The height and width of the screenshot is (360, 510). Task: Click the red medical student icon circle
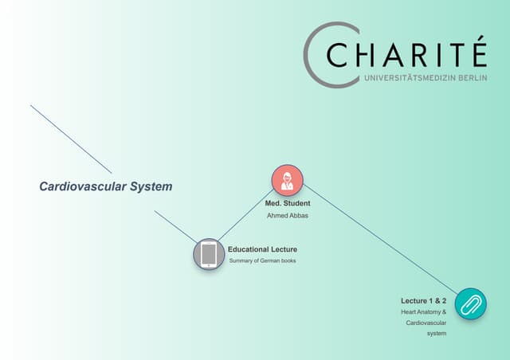(288, 181)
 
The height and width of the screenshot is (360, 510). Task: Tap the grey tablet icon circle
(209, 254)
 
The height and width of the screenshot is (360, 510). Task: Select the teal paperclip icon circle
(471, 303)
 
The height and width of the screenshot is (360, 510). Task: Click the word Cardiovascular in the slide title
(83, 186)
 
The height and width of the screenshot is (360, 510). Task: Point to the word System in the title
(151, 186)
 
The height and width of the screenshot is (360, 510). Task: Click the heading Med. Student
(288, 203)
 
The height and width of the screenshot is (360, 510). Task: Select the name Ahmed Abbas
(288, 215)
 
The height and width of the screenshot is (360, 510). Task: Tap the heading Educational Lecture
(262, 249)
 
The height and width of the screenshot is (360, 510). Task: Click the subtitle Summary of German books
(262, 260)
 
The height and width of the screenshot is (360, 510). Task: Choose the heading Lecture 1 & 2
(423, 301)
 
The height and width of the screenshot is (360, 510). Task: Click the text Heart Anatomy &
(423, 312)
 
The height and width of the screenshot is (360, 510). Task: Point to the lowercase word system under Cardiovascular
(437, 334)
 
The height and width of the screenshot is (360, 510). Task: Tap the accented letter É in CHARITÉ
(480, 51)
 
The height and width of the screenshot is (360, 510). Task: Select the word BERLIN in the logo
(473, 78)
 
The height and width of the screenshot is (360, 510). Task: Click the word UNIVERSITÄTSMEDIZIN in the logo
(410, 78)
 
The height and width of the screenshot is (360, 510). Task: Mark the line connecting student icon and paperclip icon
(381, 240)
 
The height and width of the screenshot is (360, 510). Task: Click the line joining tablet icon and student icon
(245, 215)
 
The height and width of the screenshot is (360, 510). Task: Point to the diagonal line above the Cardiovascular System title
(71, 139)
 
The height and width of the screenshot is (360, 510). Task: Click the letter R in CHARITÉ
(422, 55)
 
